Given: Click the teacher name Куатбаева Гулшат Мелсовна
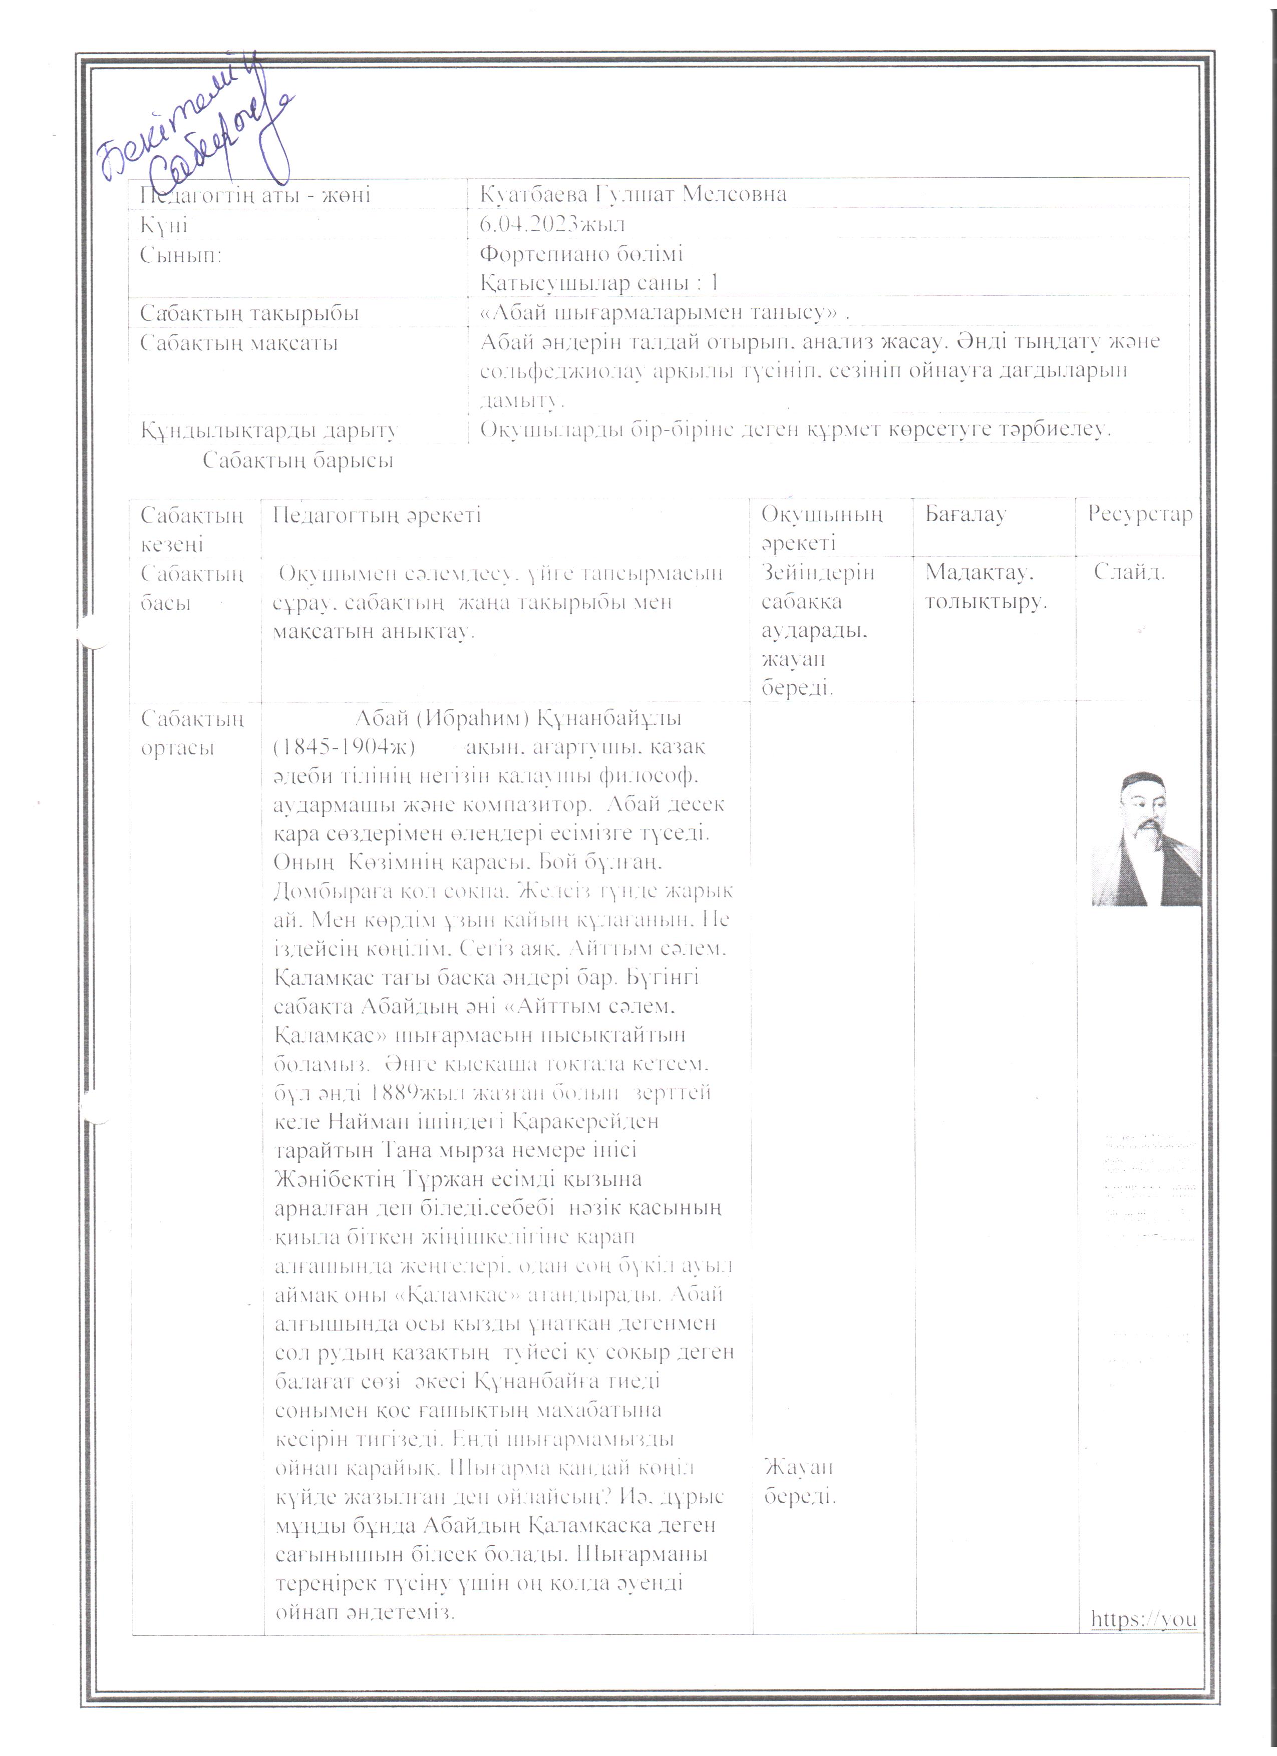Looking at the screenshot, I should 632,194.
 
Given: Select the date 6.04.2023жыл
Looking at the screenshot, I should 552,225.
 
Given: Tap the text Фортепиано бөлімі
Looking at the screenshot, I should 581,254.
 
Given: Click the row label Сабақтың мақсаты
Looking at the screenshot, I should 238,343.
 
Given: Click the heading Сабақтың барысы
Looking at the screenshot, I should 298,461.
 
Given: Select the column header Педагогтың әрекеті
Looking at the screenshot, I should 377,515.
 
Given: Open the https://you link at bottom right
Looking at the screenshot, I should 1143,1619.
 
